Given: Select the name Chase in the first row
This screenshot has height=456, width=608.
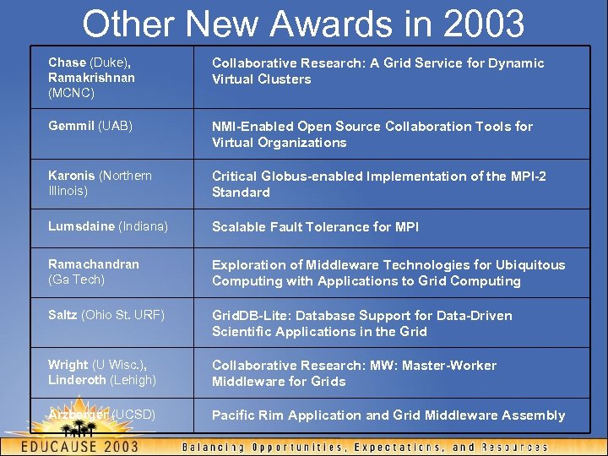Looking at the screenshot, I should [68, 62].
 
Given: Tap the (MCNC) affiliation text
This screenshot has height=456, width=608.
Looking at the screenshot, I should [72, 93].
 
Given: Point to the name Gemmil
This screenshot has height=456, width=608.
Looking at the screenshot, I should [71, 126].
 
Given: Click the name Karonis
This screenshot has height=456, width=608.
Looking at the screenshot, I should [72, 176].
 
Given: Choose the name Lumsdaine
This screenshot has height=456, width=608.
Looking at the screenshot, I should [82, 226].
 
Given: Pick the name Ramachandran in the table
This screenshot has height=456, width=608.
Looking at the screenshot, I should [94, 264].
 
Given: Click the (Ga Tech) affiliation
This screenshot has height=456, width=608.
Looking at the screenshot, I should [77, 280].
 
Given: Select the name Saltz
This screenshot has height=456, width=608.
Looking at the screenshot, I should [62, 315].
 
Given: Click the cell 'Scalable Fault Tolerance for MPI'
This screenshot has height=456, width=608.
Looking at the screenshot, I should [315, 226].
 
